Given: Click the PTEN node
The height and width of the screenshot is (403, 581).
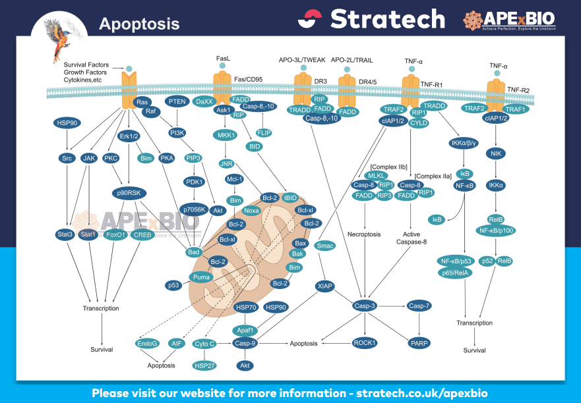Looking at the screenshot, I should click(x=177, y=101).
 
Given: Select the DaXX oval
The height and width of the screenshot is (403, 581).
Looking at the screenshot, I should click(x=204, y=101).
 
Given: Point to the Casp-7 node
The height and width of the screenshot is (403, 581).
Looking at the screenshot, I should click(x=419, y=306).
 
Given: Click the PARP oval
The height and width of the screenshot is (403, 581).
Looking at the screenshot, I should click(x=419, y=342).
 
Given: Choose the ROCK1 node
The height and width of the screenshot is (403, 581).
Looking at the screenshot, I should click(x=365, y=342).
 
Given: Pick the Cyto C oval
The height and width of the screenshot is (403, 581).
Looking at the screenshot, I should click(x=203, y=343).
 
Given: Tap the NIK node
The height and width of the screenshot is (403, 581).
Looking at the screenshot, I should click(x=495, y=153).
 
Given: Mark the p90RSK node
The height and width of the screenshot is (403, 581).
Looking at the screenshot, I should click(x=129, y=193).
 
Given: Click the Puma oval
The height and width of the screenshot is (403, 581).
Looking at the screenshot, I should click(x=201, y=277).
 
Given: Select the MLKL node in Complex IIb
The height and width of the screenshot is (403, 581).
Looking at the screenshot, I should click(x=376, y=175).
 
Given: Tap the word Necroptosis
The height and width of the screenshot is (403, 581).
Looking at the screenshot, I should click(x=365, y=234).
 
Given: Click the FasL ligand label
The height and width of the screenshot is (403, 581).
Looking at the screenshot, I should click(x=223, y=59).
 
